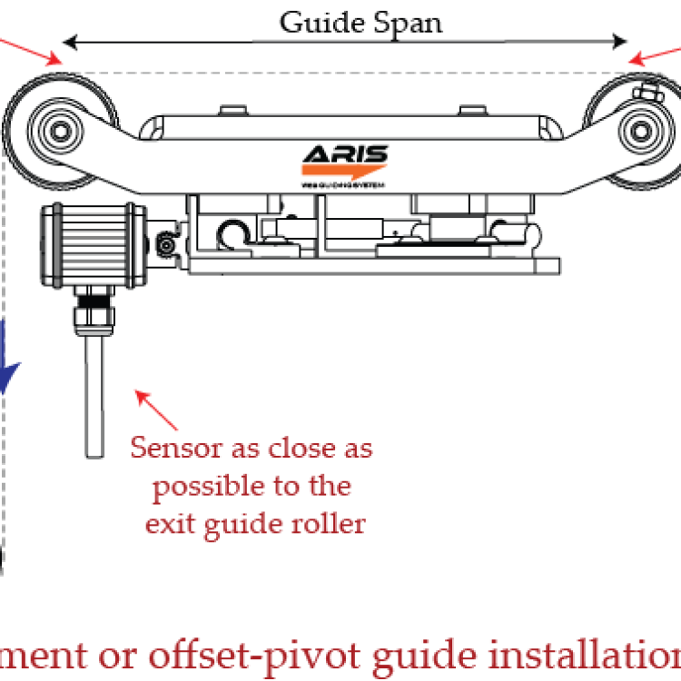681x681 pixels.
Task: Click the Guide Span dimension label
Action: pyautogui.click(x=360, y=21)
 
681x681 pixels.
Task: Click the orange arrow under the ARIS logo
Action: pyautogui.click(x=343, y=172)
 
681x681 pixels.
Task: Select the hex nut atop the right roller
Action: pyautogui.click(x=647, y=91)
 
